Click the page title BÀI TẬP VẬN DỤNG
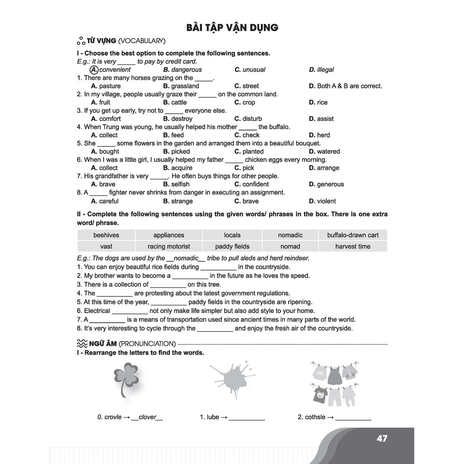(232, 28)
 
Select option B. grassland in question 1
(181, 86)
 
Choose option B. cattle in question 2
(175, 102)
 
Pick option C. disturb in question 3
(248, 119)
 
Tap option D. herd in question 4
(319, 135)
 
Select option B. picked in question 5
(177, 151)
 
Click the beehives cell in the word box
(106, 235)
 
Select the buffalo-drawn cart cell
(353, 235)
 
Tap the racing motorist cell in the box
(169, 246)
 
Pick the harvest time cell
(353, 246)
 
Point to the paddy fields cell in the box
(232, 246)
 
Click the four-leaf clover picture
(126, 379)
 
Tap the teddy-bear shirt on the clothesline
(320, 395)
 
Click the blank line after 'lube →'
(246, 418)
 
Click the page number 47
(382, 439)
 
